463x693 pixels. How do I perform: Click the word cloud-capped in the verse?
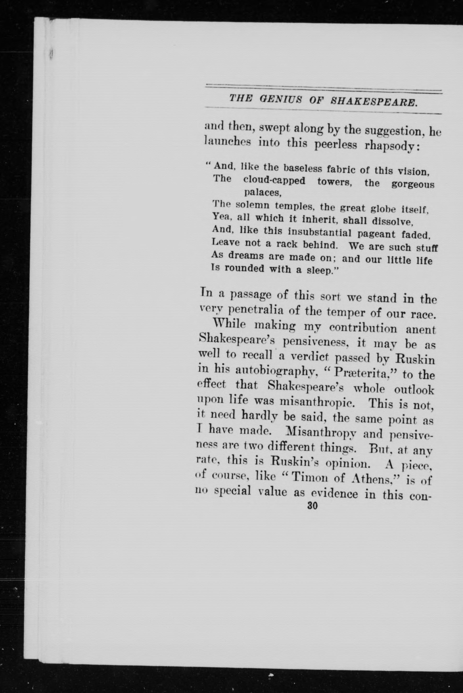pos(275,181)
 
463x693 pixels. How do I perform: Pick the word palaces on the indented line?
pos(262,193)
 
